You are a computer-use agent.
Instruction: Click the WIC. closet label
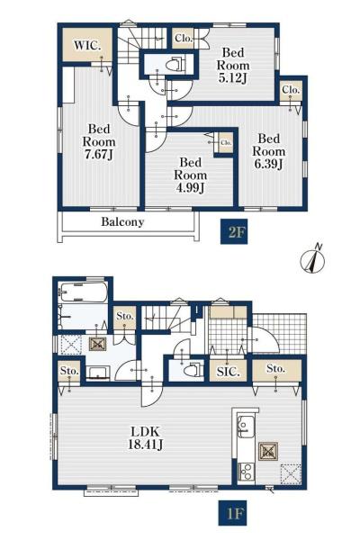[x=87, y=45]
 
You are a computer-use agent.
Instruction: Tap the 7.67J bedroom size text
[x=99, y=154]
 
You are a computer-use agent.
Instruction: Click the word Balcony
[x=122, y=221]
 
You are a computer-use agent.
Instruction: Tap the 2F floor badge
[x=234, y=232]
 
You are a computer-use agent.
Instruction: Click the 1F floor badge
[x=232, y=513]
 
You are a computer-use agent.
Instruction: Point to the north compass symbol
[x=313, y=260]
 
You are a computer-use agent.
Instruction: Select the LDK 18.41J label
[x=146, y=437]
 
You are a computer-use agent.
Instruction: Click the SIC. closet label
[x=228, y=371]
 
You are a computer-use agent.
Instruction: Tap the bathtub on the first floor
[x=82, y=292]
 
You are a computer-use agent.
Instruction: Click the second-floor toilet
[x=175, y=64]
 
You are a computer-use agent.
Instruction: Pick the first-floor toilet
[x=193, y=369]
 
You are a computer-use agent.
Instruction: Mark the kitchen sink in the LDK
[x=247, y=427]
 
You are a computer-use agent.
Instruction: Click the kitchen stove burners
[x=247, y=471]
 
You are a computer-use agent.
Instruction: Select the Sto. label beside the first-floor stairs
[x=124, y=316]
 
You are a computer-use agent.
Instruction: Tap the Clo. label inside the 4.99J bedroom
[x=226, y=142]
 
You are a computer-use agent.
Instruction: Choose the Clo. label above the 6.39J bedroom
[x=291, y=89]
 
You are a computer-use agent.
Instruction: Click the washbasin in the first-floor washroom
[x=98, y=373]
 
